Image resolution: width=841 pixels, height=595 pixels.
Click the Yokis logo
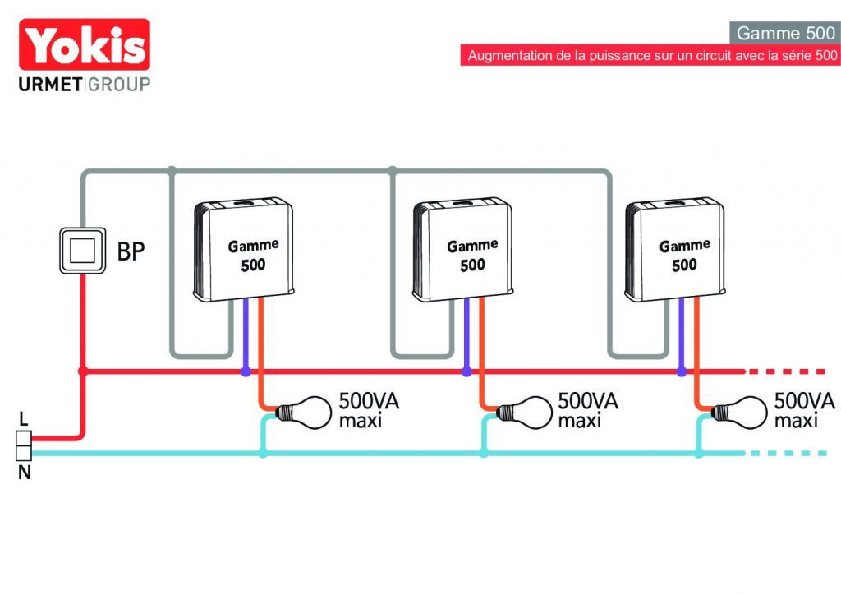click(85, 44)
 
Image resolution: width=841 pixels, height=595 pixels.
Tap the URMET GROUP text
click(85, 84)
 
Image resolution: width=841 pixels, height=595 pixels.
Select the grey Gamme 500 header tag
click(785, 33)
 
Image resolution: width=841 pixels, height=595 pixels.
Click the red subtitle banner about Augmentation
click(650, 55)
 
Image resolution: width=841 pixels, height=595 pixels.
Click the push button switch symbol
click(83, 251)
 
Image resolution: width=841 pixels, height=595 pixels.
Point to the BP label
click(131, 251)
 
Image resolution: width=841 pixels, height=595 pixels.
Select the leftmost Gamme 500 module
click(243, 249)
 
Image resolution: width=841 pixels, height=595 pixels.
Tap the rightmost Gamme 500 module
click(675, 249)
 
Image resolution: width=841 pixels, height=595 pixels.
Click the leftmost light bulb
click(304, 412)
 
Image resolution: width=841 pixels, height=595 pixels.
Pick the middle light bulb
click(523, 412)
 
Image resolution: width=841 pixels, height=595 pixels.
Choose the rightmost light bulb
click(739, 412)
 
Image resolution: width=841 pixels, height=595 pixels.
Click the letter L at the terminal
click(24, 418)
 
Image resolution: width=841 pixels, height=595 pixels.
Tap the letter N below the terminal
click(24, 473)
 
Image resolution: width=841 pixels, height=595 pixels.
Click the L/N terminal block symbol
click(24, 446)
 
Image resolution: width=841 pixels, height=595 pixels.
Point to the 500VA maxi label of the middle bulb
click(588, 410)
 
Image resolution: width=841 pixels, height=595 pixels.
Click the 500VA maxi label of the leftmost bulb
click(369, 410)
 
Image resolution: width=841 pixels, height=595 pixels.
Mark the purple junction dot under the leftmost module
click(246, 371)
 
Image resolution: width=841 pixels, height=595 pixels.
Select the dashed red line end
click(825, 371)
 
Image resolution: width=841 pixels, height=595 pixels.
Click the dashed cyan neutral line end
click(825, 454)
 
